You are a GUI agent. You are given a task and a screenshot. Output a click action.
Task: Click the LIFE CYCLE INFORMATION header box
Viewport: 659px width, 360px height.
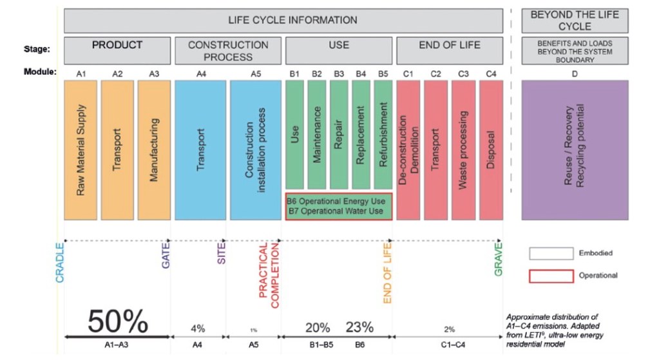pyautogui.click(x=283, y=20)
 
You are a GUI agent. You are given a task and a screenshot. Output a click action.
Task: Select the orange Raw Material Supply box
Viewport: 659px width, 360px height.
pyautogui.click(x=81, y=149)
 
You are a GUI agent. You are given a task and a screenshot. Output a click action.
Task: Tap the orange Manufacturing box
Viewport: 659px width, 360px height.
pyautogui.click(x=154, y=149)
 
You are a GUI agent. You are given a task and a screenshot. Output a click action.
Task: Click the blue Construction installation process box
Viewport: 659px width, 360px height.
pyautogui.click(x=255, y=149)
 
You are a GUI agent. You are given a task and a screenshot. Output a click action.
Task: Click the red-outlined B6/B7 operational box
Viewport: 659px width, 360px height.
pyautogui.click(x=339, y=206)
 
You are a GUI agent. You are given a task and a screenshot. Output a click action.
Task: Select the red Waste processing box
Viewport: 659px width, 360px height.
pyautogui.click(x=463, y=149)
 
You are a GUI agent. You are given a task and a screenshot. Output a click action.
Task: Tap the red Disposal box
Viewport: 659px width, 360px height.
pyautogui.click(x=491, y=149)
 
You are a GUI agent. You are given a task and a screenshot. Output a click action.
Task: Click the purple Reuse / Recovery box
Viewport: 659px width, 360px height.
pyautogui.click(x=575, y=149)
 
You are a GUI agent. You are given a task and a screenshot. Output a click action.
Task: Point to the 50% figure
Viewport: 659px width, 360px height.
pyautogui.click(x=118, y=321)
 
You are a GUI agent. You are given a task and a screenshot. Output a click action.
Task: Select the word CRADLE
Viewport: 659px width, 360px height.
pyautogui.click(x=61, y=263)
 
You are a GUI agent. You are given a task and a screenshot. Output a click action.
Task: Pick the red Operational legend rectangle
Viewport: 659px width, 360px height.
pyautogui.click(x=551, y=276)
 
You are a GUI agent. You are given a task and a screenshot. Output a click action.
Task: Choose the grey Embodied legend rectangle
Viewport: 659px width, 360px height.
pyautogui.click(x=551, y=253)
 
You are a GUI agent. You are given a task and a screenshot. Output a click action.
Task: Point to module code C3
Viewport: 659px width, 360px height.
pyautogui.click(x=463, y=73)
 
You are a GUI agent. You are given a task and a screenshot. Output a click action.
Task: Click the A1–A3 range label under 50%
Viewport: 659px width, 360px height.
pyautogui.click(x=118, y=345)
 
